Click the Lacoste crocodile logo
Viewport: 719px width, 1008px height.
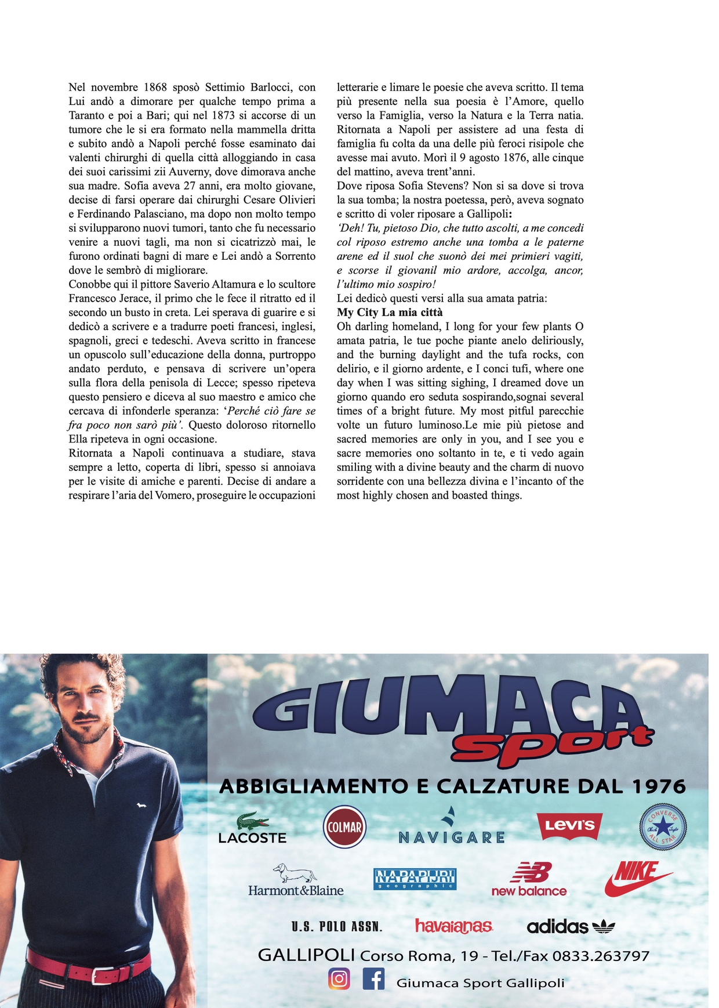coord(253,822)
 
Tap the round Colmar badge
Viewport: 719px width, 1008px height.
coord(344,827)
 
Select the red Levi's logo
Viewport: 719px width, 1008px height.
coord(569,826)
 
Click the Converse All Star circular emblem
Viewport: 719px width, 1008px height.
coord(662,827)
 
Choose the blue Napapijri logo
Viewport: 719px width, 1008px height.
coord(415,879)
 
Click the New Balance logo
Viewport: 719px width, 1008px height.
coord(529,879)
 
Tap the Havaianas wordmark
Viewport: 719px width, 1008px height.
coord(453,926)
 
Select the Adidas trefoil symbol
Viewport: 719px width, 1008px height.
coord(604,927)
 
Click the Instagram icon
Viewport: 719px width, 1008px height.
coord(339,978)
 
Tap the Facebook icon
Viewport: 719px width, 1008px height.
coord(373,978)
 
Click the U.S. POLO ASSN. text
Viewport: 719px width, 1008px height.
coord(337,927)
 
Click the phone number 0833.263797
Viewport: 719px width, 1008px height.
coord(601,956)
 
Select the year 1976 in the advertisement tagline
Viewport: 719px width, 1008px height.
coord(658,786)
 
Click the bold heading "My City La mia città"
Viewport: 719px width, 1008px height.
coord(390,313)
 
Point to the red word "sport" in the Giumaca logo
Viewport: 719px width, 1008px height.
coord(551,746)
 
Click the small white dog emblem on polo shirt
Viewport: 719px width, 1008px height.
coord(139,804)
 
